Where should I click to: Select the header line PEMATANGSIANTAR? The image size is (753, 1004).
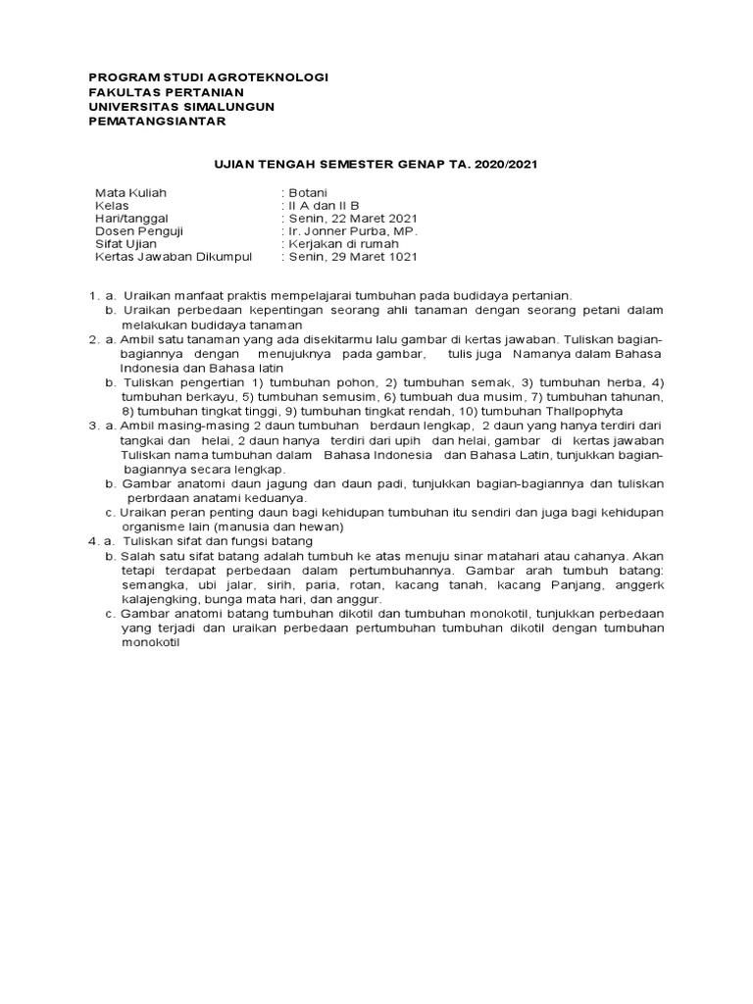(x=157, y=121)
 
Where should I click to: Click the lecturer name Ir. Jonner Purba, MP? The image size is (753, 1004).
(x=348, y=231)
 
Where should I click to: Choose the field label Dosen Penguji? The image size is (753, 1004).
(x=138, y=231)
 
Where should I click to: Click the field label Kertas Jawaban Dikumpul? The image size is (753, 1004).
(x=174, y=257)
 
